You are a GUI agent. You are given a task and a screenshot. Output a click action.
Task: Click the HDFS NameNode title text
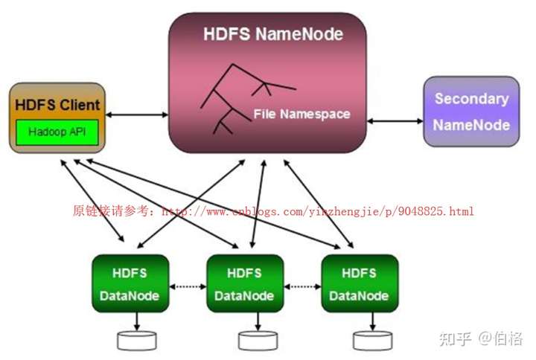click(273, 34)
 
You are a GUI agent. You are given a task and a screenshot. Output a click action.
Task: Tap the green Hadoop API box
click(57, 132)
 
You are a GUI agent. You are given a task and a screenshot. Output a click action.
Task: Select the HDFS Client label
click(57, 105)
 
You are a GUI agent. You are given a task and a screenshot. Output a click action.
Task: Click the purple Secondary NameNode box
click(471, 112)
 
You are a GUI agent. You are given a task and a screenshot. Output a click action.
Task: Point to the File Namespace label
click(301, 114)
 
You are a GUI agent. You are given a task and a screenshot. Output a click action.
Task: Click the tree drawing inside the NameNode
click(248, 99)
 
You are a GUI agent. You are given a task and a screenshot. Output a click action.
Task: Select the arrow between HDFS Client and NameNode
click(137, 115)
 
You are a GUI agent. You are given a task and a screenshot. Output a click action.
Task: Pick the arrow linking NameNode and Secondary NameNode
click(395, 121)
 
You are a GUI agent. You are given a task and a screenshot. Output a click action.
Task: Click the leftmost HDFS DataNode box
click(130, 283)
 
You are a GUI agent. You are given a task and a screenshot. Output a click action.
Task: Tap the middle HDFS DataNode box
click(245, 283)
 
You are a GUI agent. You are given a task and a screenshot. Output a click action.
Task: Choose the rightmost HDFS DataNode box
click(360, 283)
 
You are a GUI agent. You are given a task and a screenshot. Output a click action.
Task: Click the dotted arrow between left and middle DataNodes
click(188, 286)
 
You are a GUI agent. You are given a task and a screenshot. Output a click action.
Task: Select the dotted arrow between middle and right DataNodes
click(302, 286)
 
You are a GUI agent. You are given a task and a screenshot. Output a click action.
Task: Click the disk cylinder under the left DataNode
click(137, 341)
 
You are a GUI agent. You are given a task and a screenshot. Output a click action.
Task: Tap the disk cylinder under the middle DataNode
click(258, 341)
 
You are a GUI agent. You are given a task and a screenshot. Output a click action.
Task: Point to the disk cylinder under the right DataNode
click(373, 341)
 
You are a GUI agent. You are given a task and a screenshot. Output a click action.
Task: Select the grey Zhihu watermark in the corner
click(481, 338)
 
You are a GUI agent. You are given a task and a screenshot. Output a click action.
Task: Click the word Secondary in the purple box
click(472, 99)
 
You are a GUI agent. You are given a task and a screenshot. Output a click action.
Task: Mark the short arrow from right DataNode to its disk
click(373, 321)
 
